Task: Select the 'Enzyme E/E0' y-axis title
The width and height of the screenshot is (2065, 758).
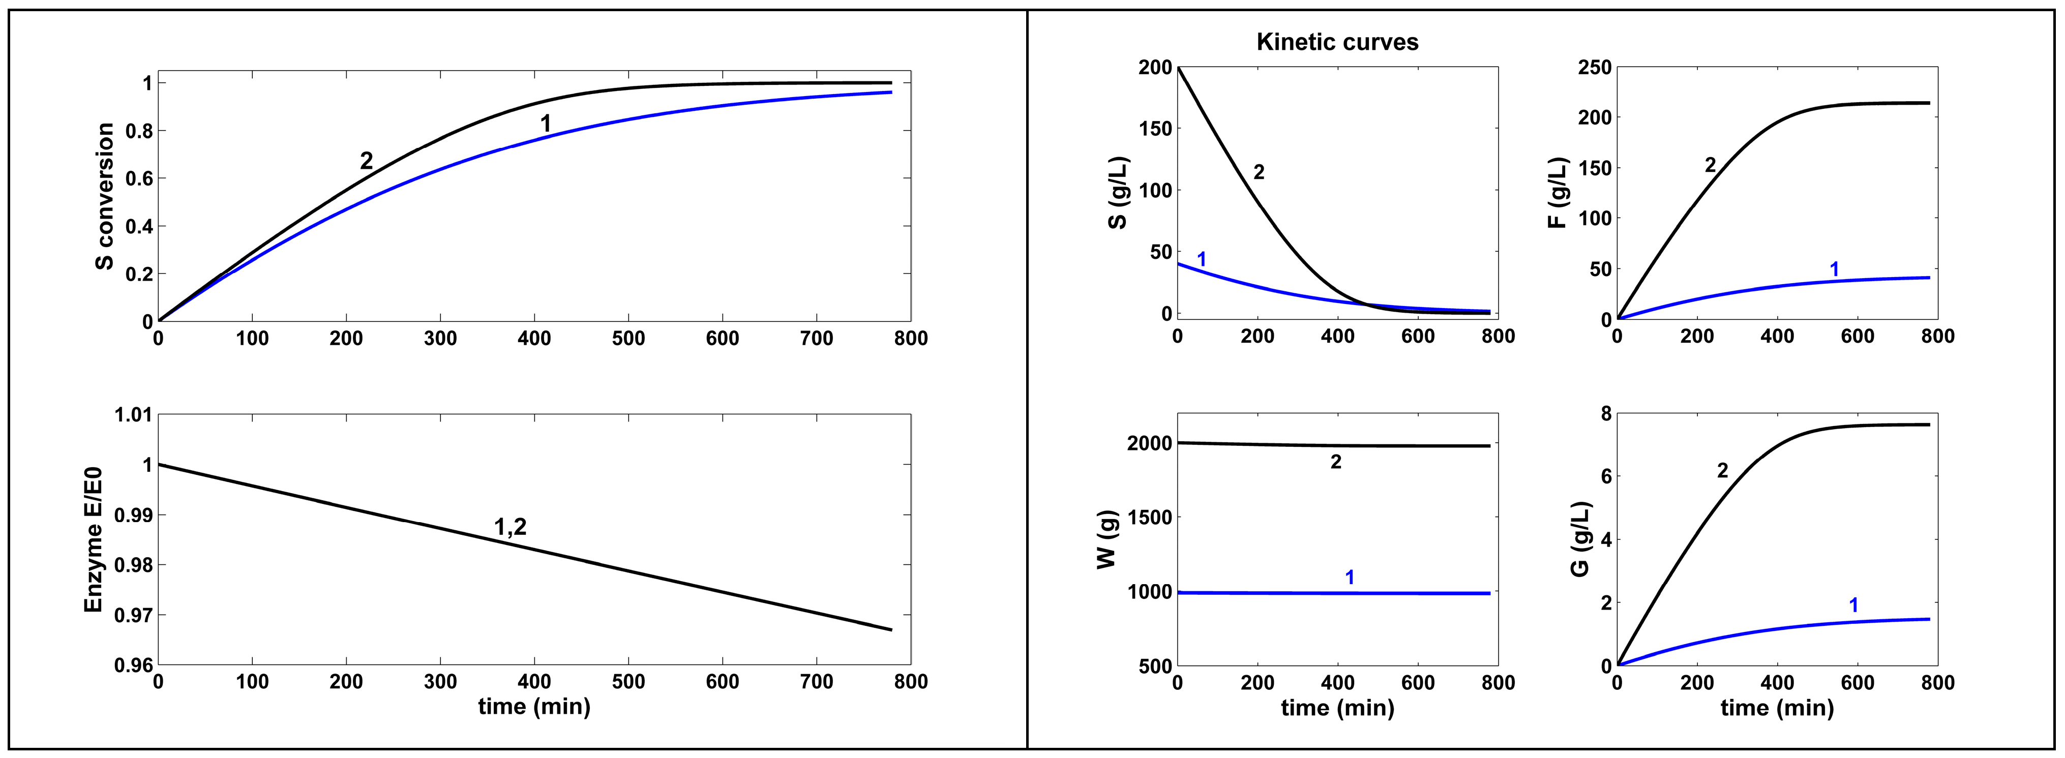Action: pos(94,539)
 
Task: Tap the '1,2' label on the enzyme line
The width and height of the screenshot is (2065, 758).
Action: pos(510,527)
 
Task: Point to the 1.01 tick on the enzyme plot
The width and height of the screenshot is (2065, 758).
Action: pos(133,415)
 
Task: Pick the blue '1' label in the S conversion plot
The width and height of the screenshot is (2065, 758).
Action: pos(546,124)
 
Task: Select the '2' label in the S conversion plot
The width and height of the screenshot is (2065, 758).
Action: pos(366,161)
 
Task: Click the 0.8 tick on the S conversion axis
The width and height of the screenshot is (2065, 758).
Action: pos(138,131)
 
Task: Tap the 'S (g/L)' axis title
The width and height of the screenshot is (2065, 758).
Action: pos(1118,193)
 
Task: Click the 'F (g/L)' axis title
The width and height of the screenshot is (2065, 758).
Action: pos(1557,193)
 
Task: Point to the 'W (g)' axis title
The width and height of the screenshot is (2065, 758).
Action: pos(1106,539)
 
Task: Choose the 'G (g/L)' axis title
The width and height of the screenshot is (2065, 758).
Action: pos(1579,539)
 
